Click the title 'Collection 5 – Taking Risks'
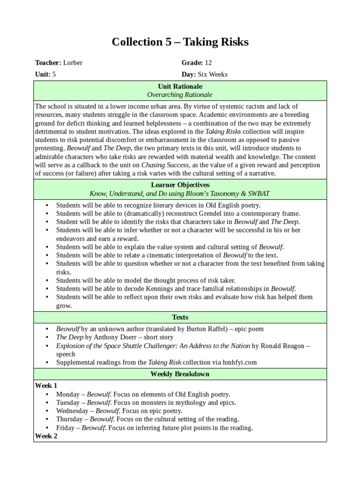[180, 42]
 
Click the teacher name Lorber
[73, 63]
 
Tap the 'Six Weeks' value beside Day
[213, 74]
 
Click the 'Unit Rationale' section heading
[180, 87]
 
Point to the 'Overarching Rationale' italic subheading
[180, 95]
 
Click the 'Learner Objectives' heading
[180, 185]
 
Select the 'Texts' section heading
[180, 317]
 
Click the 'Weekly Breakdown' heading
[180, 374]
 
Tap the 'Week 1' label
[46, 385]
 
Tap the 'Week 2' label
[46, 436]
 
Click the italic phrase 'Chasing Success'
[165, 165]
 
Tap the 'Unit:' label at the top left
[43, 74]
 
